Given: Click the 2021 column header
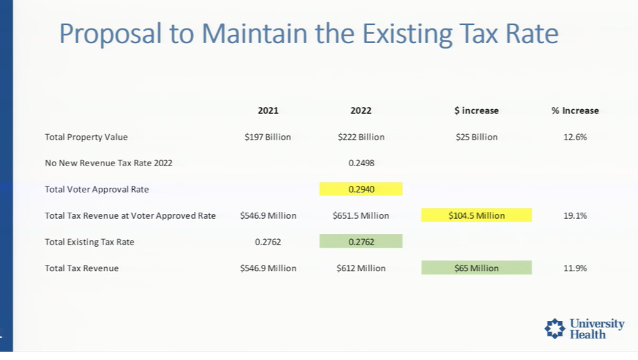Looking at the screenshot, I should tap(268, 111).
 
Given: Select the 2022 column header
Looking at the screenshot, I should tap(361, 111).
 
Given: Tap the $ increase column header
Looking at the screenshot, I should tap(476, 111).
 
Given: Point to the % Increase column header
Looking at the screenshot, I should tap(575, 111).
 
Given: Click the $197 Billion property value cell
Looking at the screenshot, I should tap(268, 137).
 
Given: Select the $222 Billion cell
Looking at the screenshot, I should tap(361, 137).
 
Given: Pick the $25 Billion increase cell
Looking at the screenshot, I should tap(476, 137).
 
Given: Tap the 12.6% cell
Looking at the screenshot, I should tap(575, 137).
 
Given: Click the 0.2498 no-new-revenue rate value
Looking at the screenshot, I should tap(361, 163).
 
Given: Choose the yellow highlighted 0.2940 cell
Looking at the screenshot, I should tap(361, 189).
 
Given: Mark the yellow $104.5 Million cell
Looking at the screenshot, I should tap(476, 215).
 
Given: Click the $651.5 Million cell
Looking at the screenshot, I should tap(361, 215).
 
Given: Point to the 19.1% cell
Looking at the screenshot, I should tap(575, 215).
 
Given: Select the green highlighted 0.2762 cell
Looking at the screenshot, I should tap(361, 242).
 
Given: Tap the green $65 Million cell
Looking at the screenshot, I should tap(476, 268).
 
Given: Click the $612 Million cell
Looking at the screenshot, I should tap(361, 268).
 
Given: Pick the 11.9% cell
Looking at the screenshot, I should tap(575, 268).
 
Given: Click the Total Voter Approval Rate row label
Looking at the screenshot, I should tap(97, 189).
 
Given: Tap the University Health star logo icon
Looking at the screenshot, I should tap(555, 329).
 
